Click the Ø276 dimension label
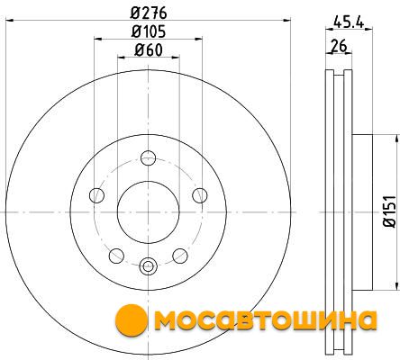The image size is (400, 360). coord(149,13)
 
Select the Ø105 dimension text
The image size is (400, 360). coord(149,31)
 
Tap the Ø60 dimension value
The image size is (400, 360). coord(149,49)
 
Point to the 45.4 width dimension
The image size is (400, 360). coord(349,22)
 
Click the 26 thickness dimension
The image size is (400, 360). coord(339,46)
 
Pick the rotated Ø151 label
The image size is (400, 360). coord(390,211)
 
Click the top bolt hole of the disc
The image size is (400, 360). coord(149,157)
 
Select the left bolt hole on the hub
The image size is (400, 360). coord(96,195)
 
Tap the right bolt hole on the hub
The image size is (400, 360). coord(200,195)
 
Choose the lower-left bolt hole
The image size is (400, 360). coord(116,256)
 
